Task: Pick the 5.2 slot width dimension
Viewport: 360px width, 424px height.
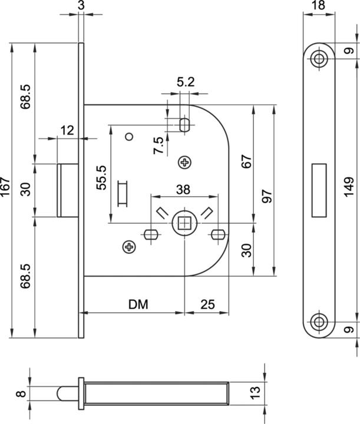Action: pyautogui.click(x=186, y=82)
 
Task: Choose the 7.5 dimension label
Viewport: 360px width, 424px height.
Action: pyautogui.click(x=158, y=144)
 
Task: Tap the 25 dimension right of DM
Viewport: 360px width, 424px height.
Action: pyautogui.click(x=207, y=304)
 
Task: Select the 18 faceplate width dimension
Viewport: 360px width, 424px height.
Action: pyautogui.click(x=319, y=6)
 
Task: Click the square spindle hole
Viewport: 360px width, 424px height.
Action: pyautogui.click(x=185, y=223)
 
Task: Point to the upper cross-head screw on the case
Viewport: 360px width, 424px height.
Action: pyautogui.click(x=186, y=161)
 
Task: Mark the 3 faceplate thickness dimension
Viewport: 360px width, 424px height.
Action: pyautogui.click(x=81, y=6)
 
